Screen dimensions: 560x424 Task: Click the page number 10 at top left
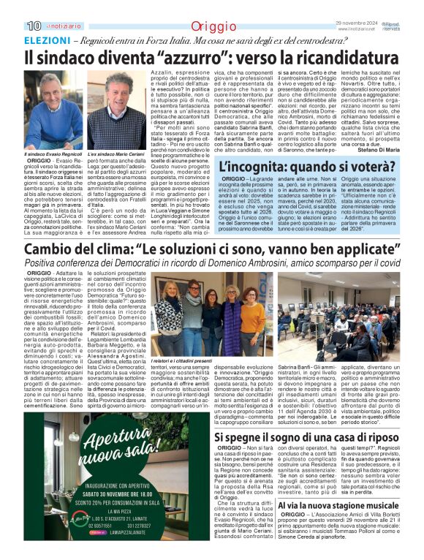click(x=34, y=26)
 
